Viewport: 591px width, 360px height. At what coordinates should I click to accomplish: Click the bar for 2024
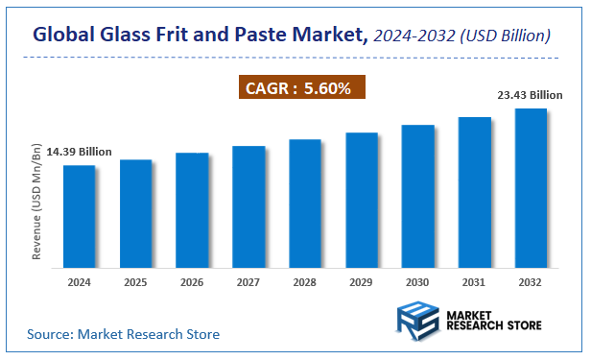click(79, 216)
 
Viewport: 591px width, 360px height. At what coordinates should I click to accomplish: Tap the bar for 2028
click(305, 203)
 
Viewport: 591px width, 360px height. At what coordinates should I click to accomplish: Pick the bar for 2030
click(418, 196)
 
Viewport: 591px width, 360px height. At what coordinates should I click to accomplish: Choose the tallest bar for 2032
click(531, 187)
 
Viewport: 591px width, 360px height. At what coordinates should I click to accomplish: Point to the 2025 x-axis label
click(135, 282)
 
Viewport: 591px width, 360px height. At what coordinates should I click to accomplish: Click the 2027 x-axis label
click(248, 282)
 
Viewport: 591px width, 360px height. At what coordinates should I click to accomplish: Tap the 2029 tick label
click(362, 282)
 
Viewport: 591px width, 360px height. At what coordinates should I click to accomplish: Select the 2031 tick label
click(474, 282)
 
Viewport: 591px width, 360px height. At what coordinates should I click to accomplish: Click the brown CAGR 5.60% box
click(301, 88)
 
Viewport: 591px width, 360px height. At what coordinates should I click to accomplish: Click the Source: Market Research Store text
click(123, 334)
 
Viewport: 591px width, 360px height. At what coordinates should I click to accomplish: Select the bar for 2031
click(474, 192)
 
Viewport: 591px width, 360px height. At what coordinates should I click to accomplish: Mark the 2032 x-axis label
click(531, 282)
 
